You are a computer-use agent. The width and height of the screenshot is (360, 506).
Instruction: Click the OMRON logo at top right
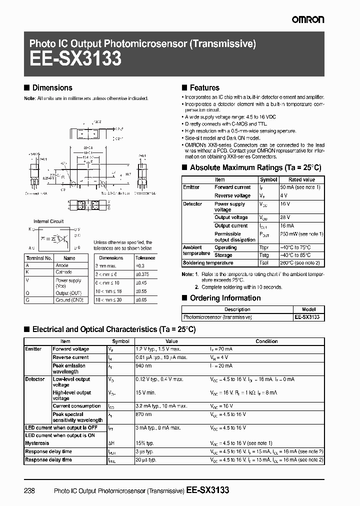307,19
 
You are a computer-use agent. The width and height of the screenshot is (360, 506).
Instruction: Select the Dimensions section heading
52,87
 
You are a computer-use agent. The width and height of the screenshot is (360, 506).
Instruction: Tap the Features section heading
204,87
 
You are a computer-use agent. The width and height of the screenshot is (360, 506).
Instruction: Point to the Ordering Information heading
225,298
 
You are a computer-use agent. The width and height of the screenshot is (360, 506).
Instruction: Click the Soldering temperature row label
208,262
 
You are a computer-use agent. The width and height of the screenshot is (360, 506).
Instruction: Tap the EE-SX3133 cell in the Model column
306,317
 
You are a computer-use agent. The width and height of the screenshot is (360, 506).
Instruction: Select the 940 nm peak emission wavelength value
144,365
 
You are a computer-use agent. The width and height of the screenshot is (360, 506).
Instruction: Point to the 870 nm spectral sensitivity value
144,414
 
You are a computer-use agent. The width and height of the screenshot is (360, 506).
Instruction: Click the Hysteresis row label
37,443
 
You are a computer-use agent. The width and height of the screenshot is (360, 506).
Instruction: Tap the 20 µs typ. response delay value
146,459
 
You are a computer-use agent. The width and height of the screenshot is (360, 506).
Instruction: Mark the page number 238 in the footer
29,490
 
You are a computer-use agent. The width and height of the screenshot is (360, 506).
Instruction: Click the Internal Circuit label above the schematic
48,221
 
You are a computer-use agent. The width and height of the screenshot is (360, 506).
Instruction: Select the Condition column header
266,341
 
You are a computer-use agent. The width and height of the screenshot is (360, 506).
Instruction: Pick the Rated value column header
301,179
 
